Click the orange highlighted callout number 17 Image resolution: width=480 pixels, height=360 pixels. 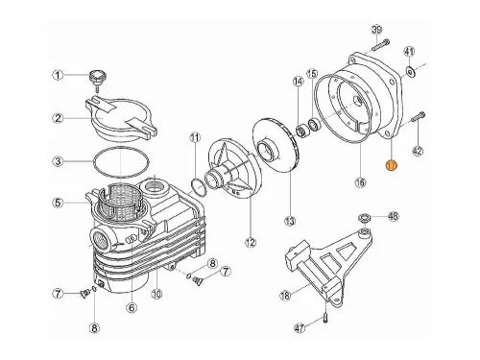[x=391, y=165]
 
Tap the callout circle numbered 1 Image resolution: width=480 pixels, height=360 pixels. [x=58, y=75]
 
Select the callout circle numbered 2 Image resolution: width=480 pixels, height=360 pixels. [x=58, y=118]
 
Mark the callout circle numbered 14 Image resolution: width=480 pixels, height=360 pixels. [x=299, y=83]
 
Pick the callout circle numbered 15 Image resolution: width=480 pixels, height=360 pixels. [x=311, y=74]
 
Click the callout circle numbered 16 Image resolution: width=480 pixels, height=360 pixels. [x=360, y=181]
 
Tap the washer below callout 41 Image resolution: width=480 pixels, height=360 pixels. [x=410, y=71]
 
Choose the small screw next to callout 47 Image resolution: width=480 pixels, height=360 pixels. [x=327, y=309]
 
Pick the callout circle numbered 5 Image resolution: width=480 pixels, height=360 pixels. [x=58, y=202]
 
